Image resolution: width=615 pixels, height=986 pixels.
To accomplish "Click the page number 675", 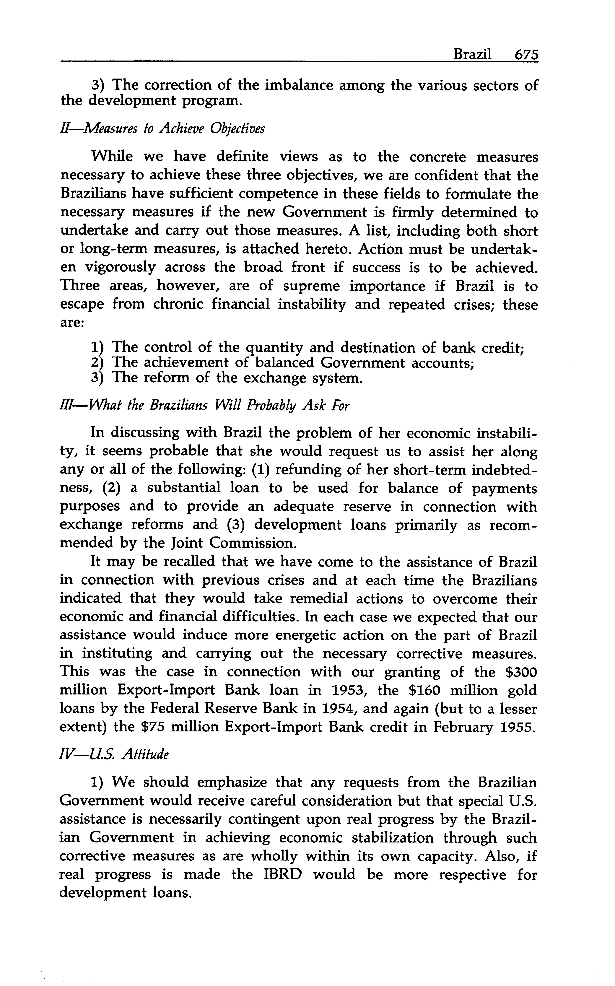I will point(526,55).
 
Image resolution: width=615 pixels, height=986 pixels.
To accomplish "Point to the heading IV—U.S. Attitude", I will point(114,755).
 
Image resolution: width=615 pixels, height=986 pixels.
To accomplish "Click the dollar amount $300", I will point(521,672).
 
